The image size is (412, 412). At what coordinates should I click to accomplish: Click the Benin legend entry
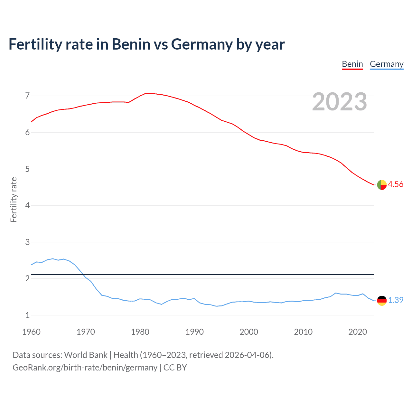(352, 64)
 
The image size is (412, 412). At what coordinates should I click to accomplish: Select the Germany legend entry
(386, 64)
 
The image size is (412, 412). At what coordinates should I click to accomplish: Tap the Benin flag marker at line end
(382, 185)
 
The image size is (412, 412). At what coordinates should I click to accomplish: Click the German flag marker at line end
(382, 301)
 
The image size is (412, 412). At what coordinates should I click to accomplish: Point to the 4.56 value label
(396, 184)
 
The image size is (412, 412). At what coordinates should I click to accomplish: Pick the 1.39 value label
(396, 300)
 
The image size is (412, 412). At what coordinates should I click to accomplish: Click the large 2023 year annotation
(340, 102)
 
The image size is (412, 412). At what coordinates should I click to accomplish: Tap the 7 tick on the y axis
(27, 96)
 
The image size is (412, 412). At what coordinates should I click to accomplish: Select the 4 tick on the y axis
(27, 205)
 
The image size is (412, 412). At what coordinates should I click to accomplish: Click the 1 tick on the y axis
(27, 315)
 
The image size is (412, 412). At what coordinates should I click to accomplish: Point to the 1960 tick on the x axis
(31, 332)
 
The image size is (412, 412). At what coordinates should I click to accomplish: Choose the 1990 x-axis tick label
(194, 332)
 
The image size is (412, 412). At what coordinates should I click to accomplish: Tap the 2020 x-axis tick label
(358, 332)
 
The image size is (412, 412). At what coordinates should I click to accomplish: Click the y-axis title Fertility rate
(14, 200)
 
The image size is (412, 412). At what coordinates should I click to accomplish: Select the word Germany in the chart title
(202, 44)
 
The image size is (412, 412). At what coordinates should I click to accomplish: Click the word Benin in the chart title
(131, 44)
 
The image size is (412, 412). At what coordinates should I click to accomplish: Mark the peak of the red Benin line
(146, 93)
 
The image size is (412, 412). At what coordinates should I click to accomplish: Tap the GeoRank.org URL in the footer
(85, 368)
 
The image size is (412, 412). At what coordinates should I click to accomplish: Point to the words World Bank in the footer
(86, 355)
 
